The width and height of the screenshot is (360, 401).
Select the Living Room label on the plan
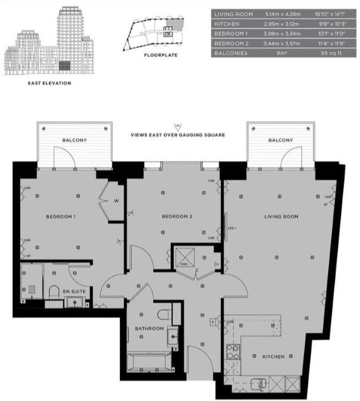[281, 216]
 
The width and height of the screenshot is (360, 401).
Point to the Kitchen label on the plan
[273, 356]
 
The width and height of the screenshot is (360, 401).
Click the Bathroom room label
[149, 328]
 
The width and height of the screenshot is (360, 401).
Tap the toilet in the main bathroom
[165, 312]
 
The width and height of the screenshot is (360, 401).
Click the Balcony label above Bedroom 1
[74, 140]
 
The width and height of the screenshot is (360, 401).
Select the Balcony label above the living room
[281, 140]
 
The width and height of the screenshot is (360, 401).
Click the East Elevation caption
[50, 83]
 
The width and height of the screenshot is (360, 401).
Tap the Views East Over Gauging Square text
[178, 135]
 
